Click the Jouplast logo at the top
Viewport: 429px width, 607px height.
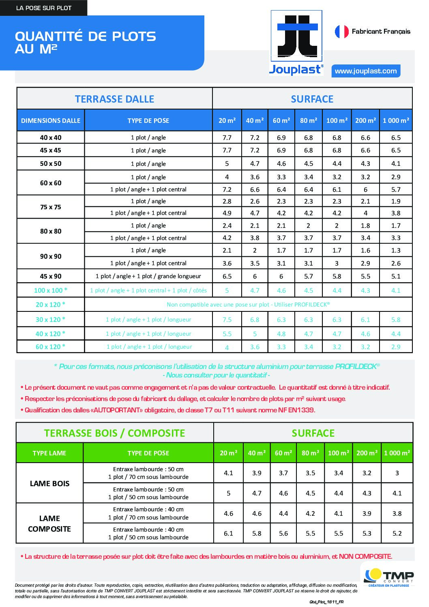296,43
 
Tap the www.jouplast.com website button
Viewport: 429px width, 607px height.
366,71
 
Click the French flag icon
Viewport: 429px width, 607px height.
341,32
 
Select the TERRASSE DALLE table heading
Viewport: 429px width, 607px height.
114,99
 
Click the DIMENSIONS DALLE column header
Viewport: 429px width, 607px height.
51,120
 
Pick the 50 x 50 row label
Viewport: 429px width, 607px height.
51,163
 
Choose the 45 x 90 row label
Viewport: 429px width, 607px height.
51,276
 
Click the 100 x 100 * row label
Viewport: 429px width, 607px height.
51,290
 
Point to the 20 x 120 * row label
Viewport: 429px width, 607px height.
51,305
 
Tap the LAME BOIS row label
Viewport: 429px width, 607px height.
49,483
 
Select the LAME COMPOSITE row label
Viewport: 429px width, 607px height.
49,523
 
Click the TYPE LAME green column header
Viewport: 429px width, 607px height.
49,453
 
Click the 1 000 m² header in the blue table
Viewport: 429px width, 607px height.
396,120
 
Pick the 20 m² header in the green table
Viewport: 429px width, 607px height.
229,453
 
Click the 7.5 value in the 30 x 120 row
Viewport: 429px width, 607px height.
227,320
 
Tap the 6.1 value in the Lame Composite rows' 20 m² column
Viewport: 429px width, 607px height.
229,533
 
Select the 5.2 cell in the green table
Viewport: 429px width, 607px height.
397,533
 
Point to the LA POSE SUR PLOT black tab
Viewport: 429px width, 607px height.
43,8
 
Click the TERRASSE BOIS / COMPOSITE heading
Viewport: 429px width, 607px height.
114,433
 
